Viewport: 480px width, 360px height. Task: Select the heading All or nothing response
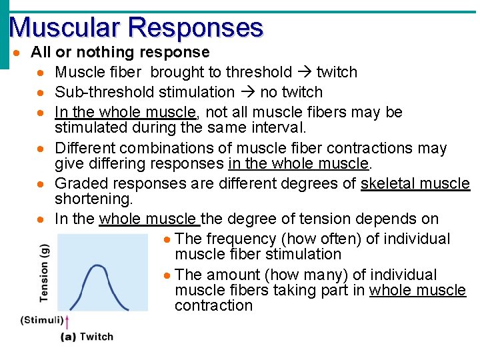point(120,52)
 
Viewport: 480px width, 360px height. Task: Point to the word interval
point(286,127)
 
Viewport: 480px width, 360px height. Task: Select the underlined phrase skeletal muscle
point(415,183)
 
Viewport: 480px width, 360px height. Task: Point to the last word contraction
point(213,305)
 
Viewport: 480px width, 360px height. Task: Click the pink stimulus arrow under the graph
point(67,324)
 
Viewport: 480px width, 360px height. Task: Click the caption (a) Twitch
point(87,337)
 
